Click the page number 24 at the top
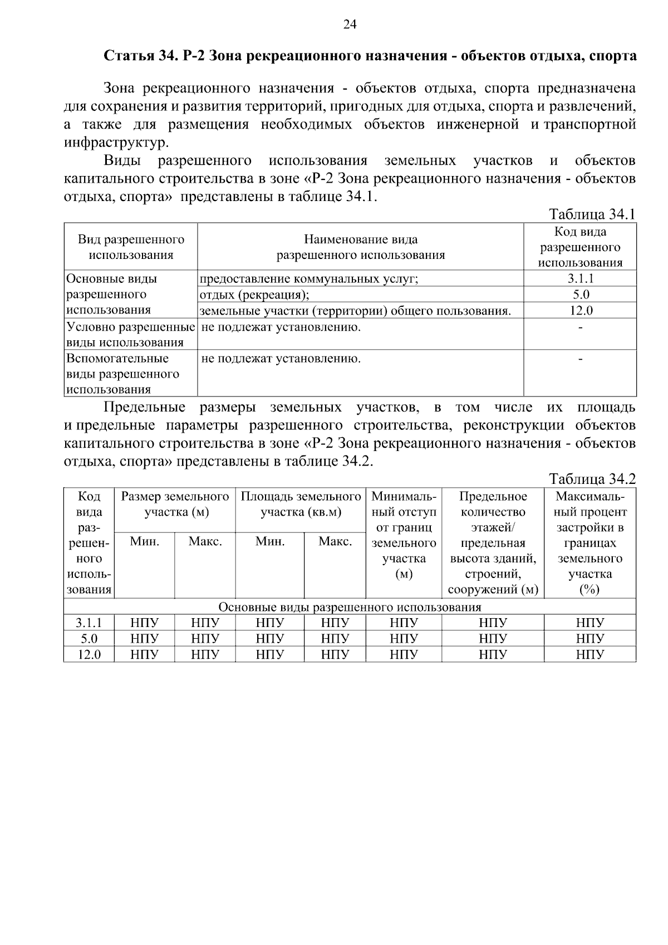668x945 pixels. [350, 24]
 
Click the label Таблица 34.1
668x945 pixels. [592, 214]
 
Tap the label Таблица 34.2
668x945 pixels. [592, 479]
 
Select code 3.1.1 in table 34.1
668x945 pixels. [580, 279]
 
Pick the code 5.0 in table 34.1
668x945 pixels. [580, 295]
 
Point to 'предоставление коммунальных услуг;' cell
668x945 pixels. [309, 279]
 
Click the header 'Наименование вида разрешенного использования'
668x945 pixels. [361, 247]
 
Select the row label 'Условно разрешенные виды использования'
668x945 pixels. [131, 334]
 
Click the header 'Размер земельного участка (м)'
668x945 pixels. [175, 504]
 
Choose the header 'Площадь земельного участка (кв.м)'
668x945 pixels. [301, 504]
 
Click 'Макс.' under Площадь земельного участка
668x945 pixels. [335, 541]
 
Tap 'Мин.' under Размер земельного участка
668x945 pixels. [144, 541]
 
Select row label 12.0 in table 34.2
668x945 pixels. [89, 654]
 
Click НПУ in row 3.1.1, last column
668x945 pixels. [590, 623]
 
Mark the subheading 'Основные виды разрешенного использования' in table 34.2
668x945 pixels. [350, 607]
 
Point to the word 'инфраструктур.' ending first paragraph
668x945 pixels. [116, 142]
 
